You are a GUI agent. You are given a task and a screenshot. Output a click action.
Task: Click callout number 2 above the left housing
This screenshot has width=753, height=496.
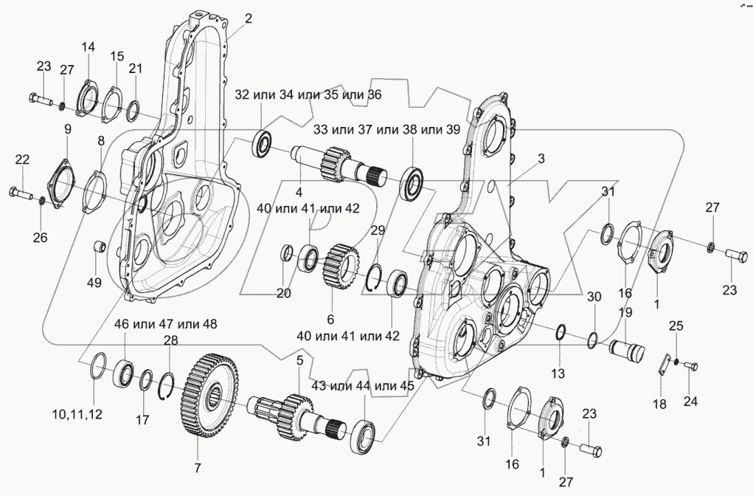click(x=248, y=18)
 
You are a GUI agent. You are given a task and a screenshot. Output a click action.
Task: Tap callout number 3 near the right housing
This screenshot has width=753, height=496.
click(x=541, y=159)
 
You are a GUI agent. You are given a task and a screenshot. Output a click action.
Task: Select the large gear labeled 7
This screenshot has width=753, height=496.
click(x=210, y=395)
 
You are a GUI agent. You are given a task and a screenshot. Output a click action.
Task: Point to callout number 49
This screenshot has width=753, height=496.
click(x=94, y=283)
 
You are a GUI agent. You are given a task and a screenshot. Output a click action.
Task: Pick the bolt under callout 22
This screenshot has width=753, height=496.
click(x=21, y=193)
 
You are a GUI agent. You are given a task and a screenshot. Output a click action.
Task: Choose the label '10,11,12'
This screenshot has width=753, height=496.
click(x=77, y=414)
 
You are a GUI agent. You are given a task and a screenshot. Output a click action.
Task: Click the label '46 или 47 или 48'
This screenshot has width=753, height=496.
click(x=165, y=325)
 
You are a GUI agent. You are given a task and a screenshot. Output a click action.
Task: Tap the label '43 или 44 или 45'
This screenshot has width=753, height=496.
click(x=362, y=386)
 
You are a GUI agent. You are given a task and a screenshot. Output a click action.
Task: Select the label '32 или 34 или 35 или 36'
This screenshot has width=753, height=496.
click(x=308, y=94)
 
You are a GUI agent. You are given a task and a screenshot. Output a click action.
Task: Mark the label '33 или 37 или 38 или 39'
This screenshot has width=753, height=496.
click(x=387, y=129)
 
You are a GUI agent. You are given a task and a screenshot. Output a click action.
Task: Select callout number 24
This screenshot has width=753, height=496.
click(x=690, y=401)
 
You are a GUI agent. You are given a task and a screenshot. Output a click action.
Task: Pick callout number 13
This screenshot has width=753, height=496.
click(x=558, y=373)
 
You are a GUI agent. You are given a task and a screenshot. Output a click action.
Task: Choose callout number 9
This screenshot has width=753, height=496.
click(x=67, y=129)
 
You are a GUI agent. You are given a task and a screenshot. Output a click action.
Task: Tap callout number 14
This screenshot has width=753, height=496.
click(x=88, y=47)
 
